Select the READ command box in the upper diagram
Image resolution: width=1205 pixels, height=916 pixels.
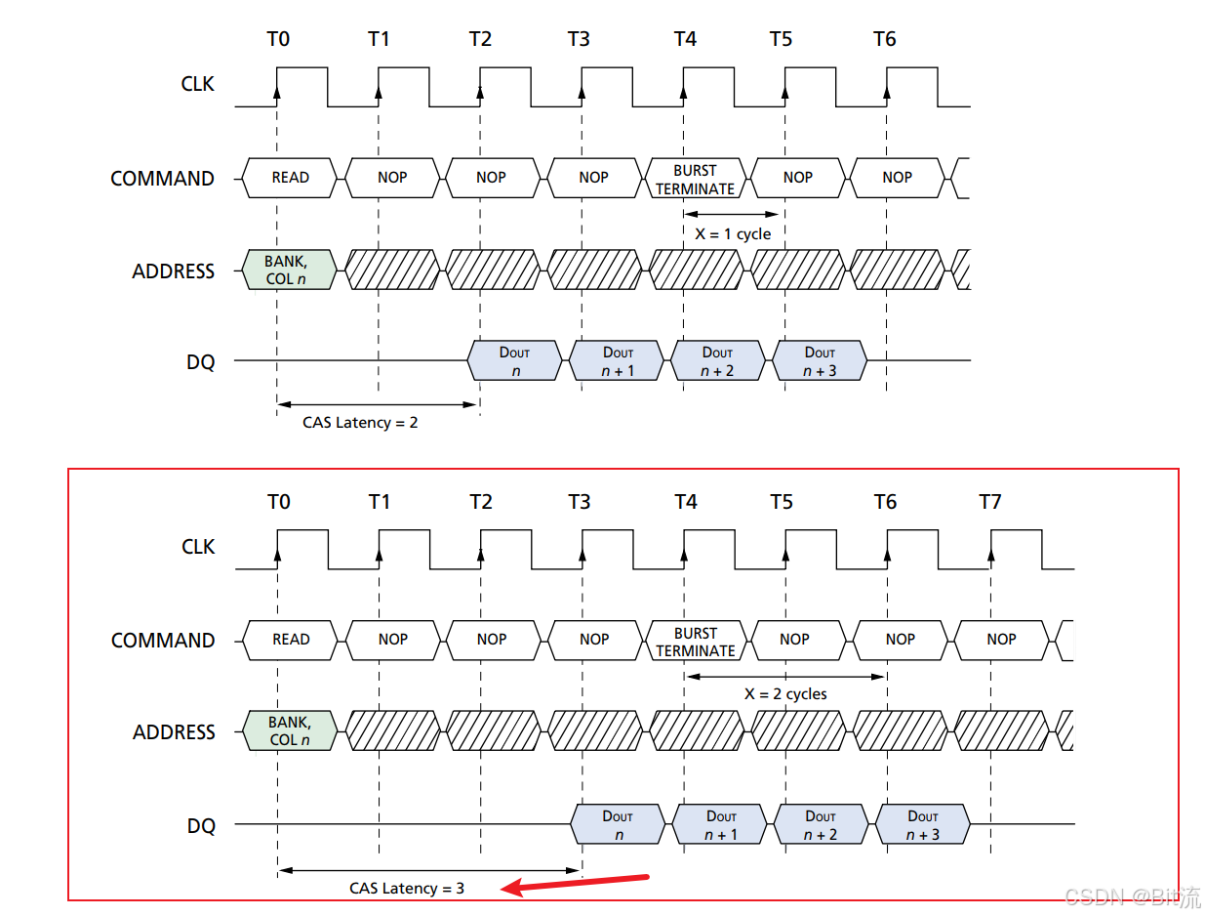click(x=290, y=178)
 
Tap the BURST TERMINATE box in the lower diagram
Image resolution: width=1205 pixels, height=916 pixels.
click(x=695, y=642)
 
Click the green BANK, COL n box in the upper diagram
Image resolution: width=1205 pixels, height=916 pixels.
click(x=289, y=271)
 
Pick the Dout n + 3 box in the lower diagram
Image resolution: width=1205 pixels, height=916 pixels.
click(x=922, y=825)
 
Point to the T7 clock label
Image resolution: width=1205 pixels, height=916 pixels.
click(x=989, y=502)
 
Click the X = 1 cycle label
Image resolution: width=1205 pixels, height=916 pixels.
click(x=732, y=234)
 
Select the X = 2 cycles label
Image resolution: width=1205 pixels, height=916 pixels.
click(x=784, y=694)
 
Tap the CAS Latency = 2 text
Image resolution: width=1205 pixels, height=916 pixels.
click(x=360, y=423)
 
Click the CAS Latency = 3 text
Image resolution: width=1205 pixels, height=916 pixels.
click(x=407, y=888)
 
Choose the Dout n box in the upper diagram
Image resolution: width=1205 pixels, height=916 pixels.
click(x=515, y=361)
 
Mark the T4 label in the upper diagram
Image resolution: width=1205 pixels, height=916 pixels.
click(x=685, y=39)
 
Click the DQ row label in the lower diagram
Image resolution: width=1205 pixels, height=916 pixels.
click(x=201, y=826)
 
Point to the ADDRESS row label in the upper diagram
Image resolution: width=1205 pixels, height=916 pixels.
click(x=174, y=271)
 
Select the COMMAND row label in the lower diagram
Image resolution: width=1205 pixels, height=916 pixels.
click(x=163, y=641)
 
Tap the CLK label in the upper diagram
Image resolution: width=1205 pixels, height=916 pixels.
click(x=198, y=84)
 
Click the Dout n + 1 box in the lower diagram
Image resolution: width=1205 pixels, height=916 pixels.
click(x=721, y=825)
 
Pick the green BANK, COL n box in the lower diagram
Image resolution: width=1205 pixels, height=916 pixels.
click(x=290, y=731)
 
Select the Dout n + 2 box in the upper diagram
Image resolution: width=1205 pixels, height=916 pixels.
click(x=717, y=361)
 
